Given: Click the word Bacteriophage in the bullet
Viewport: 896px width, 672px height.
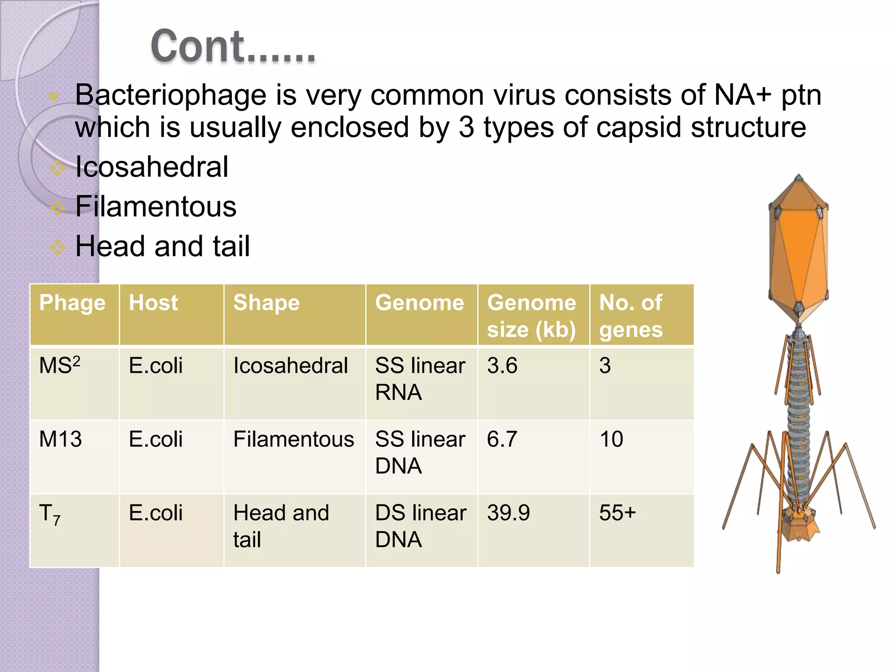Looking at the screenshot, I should pyautogui.click(x=171, y=95).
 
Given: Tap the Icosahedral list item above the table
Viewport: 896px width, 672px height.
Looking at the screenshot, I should pyautogui.click(x=151, y=167).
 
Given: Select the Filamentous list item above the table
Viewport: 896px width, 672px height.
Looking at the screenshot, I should pyautogui.click(x=156, y=206).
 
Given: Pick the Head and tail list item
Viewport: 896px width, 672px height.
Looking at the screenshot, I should pyautogui.click(x=162, y=246).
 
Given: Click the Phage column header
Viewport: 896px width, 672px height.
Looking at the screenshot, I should pyautogui.click(x=72, y=303).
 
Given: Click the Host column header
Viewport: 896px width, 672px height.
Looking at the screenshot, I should pyautogui.click(x=153, y=303).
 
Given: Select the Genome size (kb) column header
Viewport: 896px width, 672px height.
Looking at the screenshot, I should pyautogui.click(x=532, y=316).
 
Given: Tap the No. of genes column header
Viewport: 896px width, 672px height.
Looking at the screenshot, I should pyautogui.click(x=631, y=316).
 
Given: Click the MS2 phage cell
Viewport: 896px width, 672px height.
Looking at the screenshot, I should pyautogui.click(x=59, y=365).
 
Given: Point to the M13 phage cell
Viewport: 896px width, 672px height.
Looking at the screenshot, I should pyautogui.click(x=60, y=439).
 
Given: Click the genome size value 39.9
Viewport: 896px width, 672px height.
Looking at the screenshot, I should pyautogui.click(x=508, y=513).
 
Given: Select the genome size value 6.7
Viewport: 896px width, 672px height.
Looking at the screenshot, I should pyautogui.click(x=502, y=439).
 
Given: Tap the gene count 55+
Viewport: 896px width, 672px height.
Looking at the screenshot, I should pyautogui.click(x=617, y=513).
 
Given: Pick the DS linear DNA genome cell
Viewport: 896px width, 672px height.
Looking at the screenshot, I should pyautogui.click(x=420, y=526).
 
